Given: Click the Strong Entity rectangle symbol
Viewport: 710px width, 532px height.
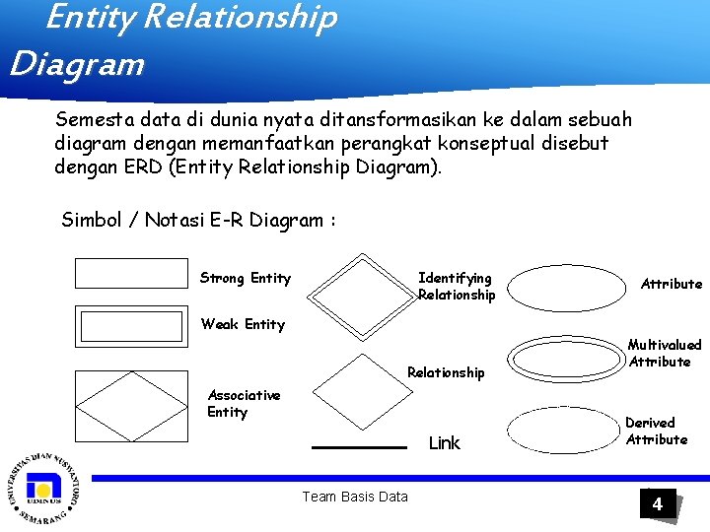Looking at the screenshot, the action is click(x=130, y=273).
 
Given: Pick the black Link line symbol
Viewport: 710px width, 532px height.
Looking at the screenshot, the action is click(x=359, y=447).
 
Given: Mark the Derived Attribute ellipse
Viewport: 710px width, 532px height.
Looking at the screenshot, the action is click(x=564, y=430).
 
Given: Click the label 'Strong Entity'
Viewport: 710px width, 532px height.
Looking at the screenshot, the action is click(x=246, y=278).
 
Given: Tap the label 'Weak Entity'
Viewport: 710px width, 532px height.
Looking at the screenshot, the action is click(x=243, y=324).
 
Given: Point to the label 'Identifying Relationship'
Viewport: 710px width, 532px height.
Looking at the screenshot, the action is click(x=456, y=286).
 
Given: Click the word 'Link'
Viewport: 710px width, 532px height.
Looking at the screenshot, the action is click(x=444, y=443).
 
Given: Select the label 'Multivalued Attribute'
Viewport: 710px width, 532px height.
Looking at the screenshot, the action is click(x=665, y=353).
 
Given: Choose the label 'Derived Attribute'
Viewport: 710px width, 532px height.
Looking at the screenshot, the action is click(x=656, y=431).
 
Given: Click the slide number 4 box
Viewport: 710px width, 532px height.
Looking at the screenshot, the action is click(x=657, y=505).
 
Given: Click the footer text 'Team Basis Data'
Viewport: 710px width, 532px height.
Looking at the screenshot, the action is click(x=354, y=497).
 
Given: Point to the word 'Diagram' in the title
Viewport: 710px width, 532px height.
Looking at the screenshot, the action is click(x=77, y=65).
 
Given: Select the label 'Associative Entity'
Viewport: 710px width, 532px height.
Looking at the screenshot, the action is click(x=244, y=403).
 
